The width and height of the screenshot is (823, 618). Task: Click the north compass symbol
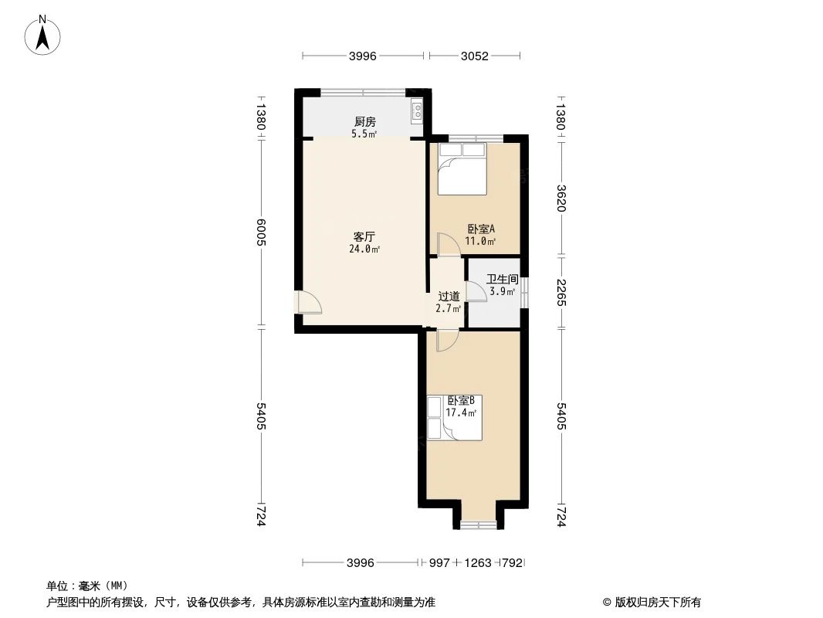click(x=44, y=35)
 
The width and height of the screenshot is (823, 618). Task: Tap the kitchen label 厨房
click(x=364, y=121)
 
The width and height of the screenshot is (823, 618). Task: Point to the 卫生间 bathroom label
click(x=502, y=280)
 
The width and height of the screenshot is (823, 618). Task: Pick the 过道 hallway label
click(x=449, y=296)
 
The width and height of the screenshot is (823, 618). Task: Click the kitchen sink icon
click(x=417, y=112)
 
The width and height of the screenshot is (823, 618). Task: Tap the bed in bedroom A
click(x=462, y=168)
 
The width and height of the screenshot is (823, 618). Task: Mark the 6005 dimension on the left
click(x=262, y=231)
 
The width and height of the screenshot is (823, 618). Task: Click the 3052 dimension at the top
click(x=475, y=56)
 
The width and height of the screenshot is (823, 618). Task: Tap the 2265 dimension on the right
click(x=561, y=292)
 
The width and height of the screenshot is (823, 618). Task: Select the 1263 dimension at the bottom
click(x=479, y=563)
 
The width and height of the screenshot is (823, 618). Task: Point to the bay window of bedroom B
click(x=478, y=525)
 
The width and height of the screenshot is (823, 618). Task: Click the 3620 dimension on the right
click(x=561, y=196)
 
